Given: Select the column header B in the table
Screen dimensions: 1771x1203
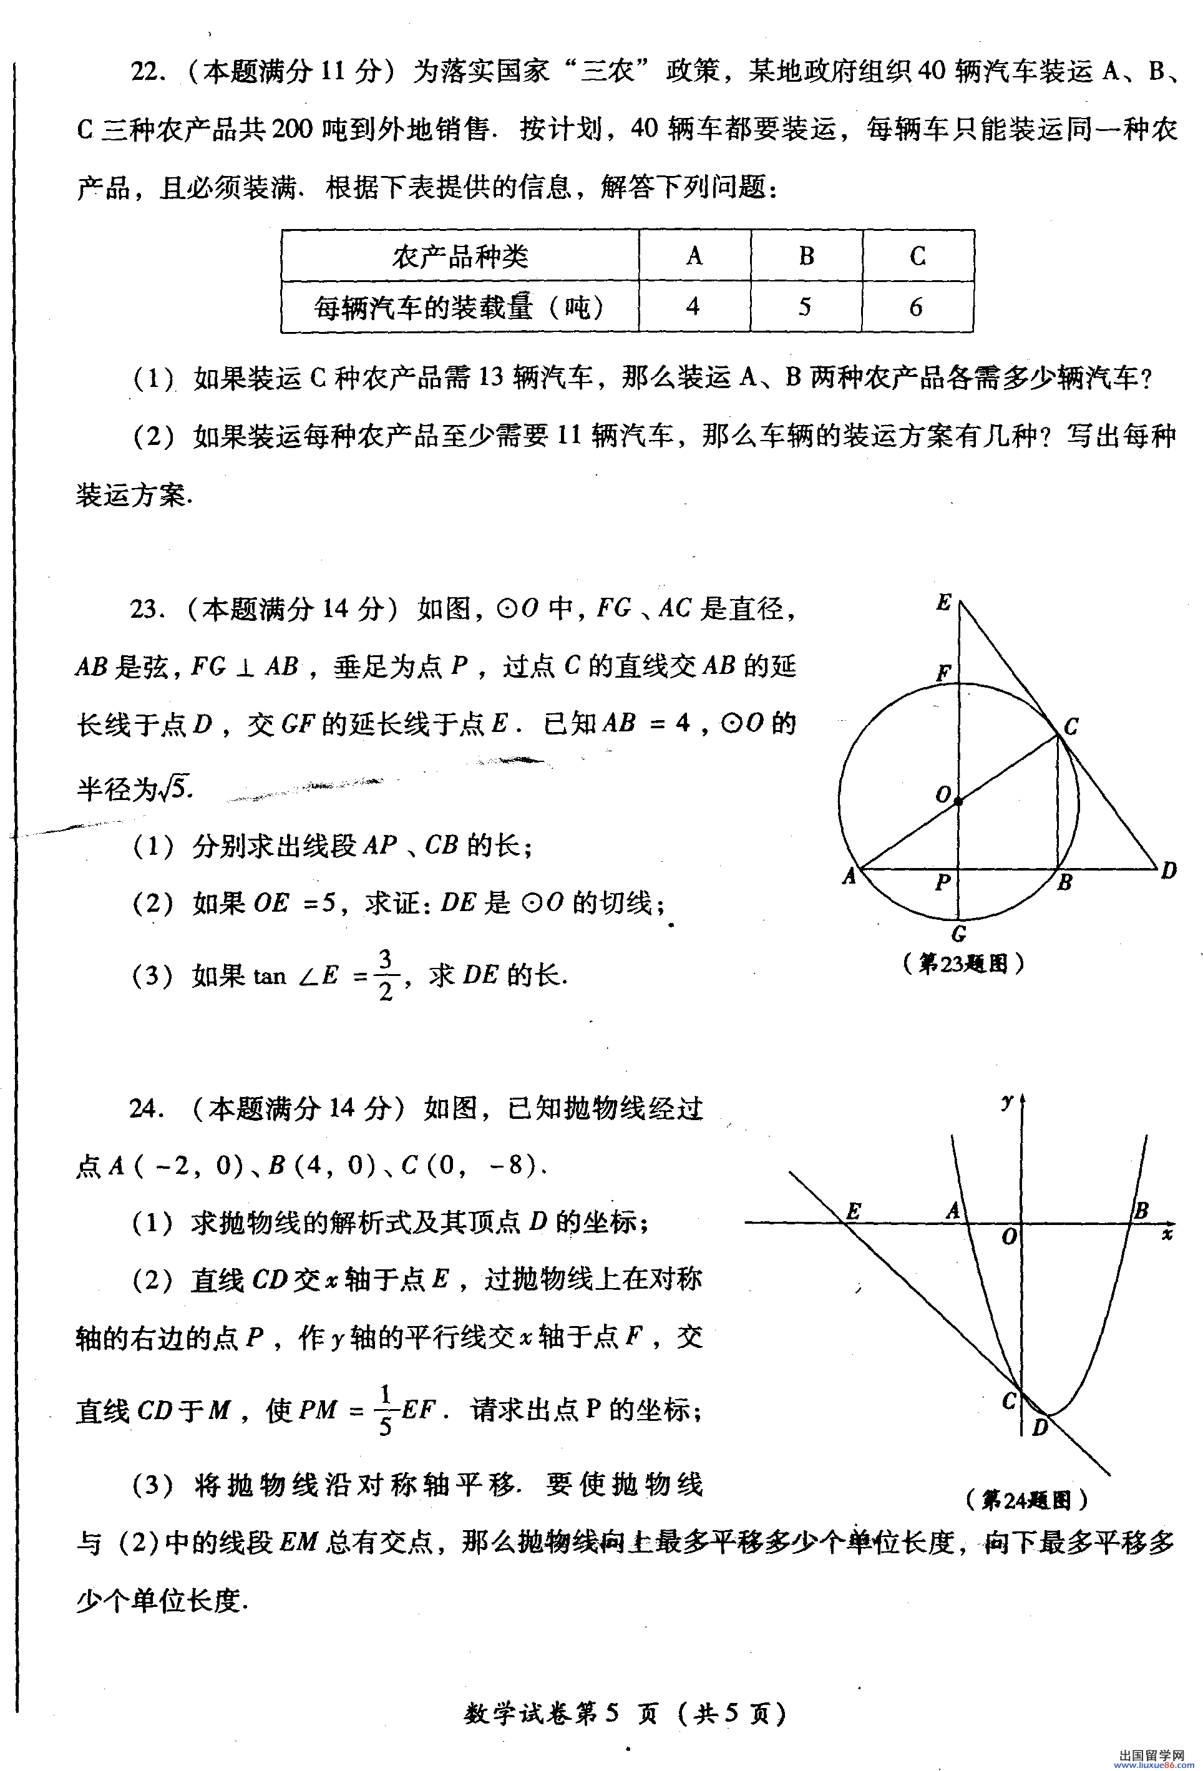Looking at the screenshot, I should coord(806,256).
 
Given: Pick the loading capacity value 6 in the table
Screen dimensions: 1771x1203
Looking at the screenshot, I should coord(916,307).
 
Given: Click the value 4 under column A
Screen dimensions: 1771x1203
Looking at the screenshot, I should coord(693,306).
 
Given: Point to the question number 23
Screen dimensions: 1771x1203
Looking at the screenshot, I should coord(144,609).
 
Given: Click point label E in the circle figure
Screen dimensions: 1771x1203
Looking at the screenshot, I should coord(943,603).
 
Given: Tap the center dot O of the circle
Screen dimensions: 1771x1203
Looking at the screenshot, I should coord(958,800).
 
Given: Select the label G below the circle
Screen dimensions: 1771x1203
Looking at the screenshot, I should coord(959,934).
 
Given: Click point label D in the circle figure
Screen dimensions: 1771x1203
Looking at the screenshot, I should coord(1168,871).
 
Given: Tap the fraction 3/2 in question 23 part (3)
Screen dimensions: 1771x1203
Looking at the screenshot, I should coord(386,975).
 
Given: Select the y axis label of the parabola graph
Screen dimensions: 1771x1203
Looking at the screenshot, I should coord(1007,1100).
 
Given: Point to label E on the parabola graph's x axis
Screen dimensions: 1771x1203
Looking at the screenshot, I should coord(854,1211).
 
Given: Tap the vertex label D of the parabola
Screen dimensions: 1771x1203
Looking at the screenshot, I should coord(1040,1427).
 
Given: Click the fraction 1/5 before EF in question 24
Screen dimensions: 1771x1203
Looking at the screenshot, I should coord(385,1410).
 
